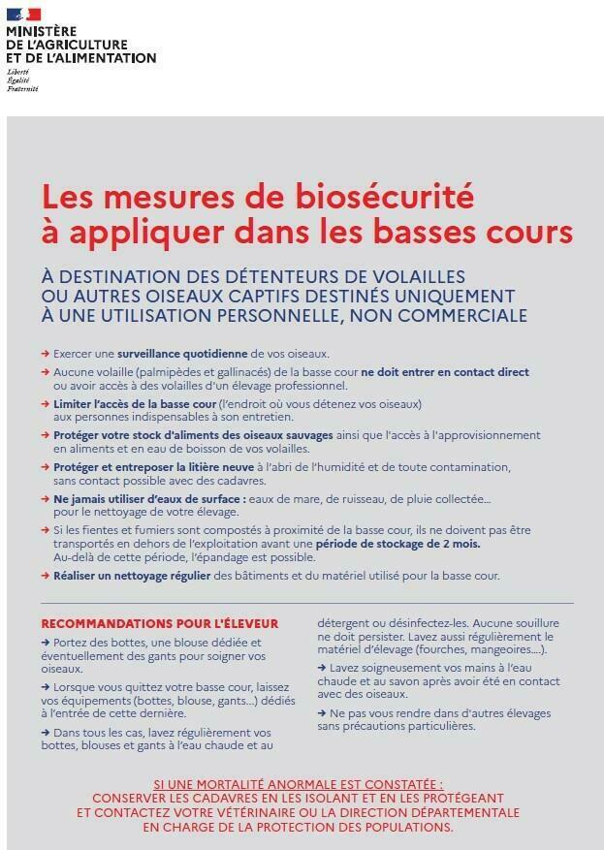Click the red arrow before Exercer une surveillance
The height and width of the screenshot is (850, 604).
[x=46, y=354]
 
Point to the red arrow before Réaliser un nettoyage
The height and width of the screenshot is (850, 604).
[x=46, y=576]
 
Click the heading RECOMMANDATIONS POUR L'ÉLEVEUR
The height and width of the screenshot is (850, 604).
[x=159, y=623]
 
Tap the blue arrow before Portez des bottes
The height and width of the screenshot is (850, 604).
[x=46, y=642]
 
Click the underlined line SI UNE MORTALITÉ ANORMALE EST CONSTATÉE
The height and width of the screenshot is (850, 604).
[x=299, y=784]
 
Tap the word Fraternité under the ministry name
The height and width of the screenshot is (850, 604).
[x=22, y=88]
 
